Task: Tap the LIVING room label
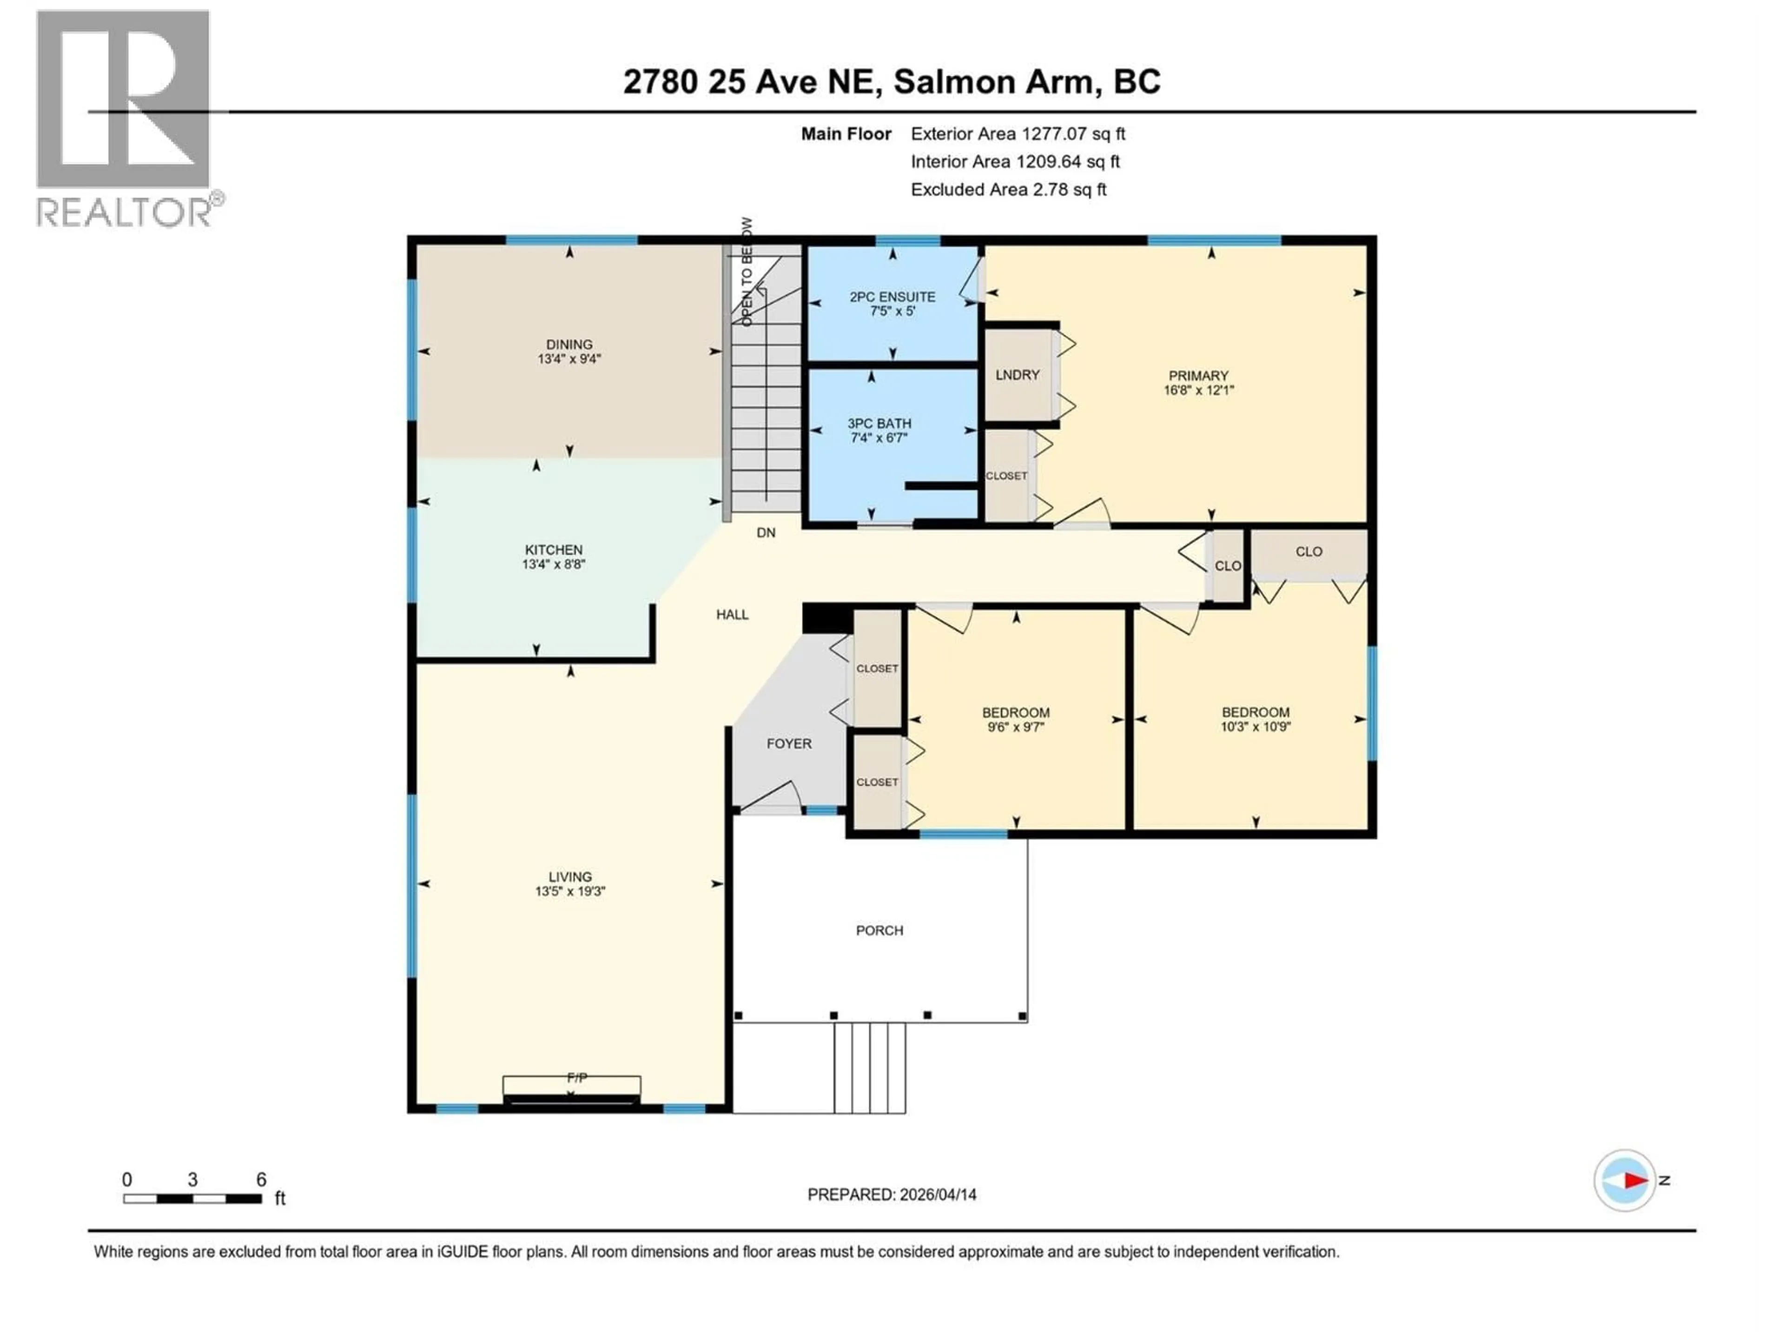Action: point(570,876)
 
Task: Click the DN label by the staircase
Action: point(766,533)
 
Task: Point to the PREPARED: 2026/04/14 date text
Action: point(892,1194)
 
